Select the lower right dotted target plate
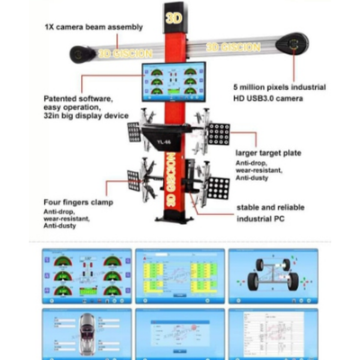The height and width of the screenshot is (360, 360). click(218, 187)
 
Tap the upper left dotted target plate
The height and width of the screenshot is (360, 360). click(133, 132)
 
